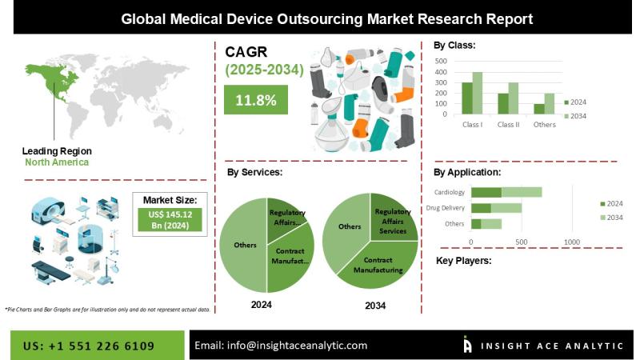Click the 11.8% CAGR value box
coord(255,100)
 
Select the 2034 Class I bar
coord(478,94)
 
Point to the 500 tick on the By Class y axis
coord(440,61)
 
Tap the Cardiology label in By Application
coord(449,192)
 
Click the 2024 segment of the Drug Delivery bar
coord(481,208)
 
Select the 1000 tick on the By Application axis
coord(571,242)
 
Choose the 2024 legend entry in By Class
coord(576,102)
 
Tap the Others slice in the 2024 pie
coord(243,244)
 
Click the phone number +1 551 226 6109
coord(90,346)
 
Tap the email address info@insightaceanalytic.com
coord(281,346)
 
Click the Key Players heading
coord(463,261)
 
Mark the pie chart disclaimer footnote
coord(107,309)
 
